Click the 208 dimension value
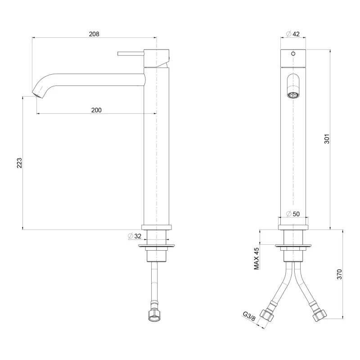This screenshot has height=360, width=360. pyautogui.click(x=94, y=34)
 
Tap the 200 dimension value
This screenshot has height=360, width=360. pyautogui.click(x=96, y=110)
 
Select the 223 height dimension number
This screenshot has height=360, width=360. pyautogui.click(x=19, y=163)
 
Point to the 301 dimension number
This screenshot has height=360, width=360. pyautogui.click(x=327, y=139)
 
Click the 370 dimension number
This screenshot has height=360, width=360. pyautogui.click(x=339, y=274)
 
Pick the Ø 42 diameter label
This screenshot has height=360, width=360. pyautogui.click(x=293, y=34)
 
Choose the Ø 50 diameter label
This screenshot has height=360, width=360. pyautogui.click(x=293, y=214)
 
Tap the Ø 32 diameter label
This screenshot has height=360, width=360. pyautogui.click(x=135, y=236)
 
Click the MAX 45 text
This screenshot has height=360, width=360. pyautogui.click(x=256, y=258)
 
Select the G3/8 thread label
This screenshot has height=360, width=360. pyautogui.click(x=249, y=316)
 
